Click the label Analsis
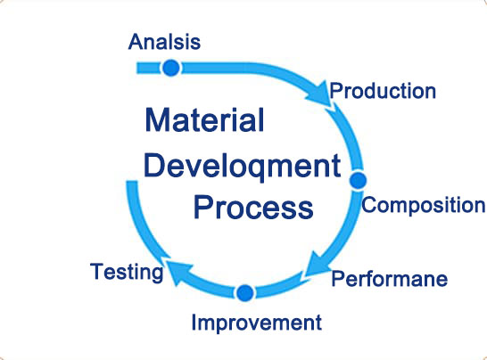pos(164,42)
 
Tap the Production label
pos(383,91)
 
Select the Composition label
pos(424,205)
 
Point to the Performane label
pos(390,278)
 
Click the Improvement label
pos(257,323)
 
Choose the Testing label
pos(127,272)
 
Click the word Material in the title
pos(204,119)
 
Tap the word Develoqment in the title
pos(243,166)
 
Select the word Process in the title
pos(253,208)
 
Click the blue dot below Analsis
pos(171,68)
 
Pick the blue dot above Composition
pos(358,180)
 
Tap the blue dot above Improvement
pos(245,292)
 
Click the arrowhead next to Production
pos(320,94)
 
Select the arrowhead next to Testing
pos(178,271)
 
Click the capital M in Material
pos(157,119)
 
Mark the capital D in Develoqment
pos(153,165)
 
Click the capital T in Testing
pos(96,271)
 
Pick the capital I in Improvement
pos(194,323)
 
